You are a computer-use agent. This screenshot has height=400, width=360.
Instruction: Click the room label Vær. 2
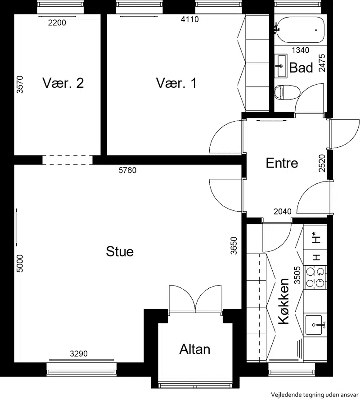tap(63, 83)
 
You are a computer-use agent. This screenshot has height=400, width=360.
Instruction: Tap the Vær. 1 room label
tap(176, 83)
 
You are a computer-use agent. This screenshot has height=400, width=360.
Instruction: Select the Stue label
tap(120, 251)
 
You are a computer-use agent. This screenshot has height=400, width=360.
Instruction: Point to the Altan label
tap(195, 349)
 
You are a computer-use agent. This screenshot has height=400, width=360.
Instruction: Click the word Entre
tap(282, 163)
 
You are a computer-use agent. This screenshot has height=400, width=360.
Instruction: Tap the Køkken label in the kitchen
tap(284, 301)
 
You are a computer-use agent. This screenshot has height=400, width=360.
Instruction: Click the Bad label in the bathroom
tap(301, 68)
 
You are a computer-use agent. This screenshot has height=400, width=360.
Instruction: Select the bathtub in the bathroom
tap(300, 30)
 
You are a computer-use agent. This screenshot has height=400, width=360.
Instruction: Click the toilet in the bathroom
tap(287, 92)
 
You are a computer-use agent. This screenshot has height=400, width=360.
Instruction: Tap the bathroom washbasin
tap(281, 66)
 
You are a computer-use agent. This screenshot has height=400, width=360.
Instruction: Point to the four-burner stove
tap(315, 277)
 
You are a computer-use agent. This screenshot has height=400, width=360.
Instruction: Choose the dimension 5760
tap(128, 170)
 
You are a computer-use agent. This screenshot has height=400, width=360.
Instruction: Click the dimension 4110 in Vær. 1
tap(190, 19)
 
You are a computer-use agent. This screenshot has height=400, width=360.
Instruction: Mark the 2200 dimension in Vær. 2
tap(57, 23)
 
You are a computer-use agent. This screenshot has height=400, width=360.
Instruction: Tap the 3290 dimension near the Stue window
tap(79, 354)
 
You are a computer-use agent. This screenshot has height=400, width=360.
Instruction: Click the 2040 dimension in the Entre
tap(283, 211)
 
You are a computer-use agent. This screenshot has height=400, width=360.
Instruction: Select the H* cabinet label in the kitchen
tap(315, 237)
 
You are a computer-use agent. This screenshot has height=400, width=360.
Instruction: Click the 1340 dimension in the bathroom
tap(301, 50)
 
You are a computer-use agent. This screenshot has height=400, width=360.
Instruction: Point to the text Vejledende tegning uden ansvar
tap(315, 395)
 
